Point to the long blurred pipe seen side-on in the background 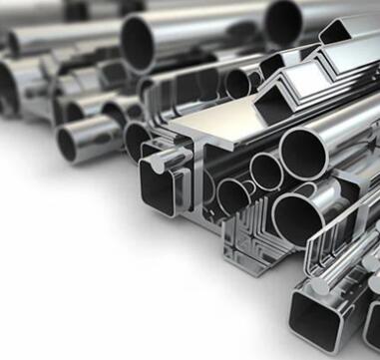pyautogui.click(x=60, y=35)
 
